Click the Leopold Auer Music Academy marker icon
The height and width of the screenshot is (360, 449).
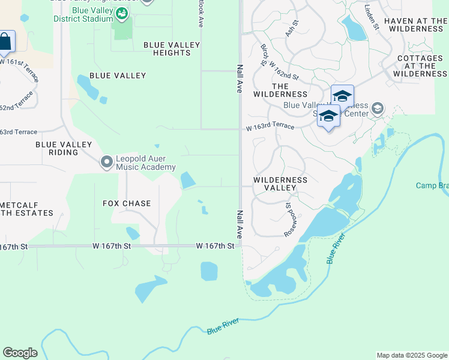point(107,162)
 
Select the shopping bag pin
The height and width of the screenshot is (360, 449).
point(5,42)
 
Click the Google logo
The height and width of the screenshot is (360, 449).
point(20,353)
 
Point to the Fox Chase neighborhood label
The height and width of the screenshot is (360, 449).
point(127,203)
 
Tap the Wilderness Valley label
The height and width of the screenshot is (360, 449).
point(280,184)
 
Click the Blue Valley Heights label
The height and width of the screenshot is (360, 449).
point(167,49)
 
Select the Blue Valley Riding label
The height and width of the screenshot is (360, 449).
point(64,148)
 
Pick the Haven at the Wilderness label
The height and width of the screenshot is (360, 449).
point(415,25)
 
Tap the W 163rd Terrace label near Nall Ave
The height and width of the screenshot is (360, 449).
point(270,127)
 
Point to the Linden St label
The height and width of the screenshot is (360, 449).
point(372,17)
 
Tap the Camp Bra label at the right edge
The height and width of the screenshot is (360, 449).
point(432,185)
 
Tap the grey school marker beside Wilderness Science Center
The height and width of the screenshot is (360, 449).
point(377,109)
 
